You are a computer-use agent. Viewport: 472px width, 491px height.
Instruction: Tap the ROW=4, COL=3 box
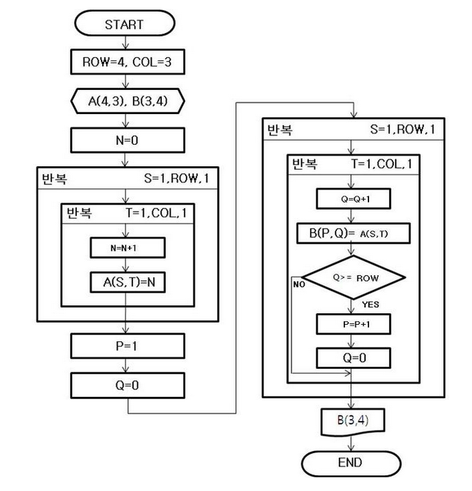(x=126, y=64)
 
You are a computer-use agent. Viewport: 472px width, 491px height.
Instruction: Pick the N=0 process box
(x=126, y=143)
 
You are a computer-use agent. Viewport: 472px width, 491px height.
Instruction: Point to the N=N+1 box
(x=126, y=247)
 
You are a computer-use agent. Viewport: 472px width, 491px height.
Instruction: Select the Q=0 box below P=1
(x=126, y=385)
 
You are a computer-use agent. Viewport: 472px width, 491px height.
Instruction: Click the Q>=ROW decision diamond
(x=353, y=279)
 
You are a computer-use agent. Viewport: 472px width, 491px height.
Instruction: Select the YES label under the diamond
(x=370, y=304)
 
